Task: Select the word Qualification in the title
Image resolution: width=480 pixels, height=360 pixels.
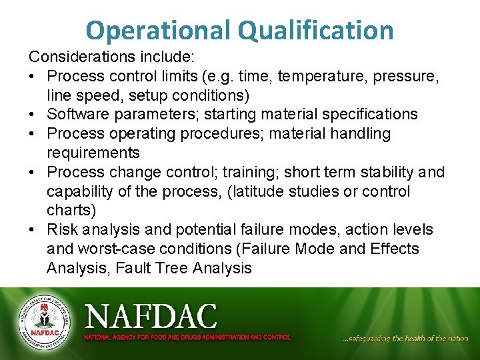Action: click(312, 31)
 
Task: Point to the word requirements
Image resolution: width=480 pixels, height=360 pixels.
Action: click(93, 153)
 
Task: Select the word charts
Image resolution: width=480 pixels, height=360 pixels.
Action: click(69, 211)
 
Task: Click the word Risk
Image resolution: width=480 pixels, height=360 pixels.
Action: click(62, 230)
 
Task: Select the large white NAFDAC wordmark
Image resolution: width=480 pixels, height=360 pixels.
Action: click(151, 315)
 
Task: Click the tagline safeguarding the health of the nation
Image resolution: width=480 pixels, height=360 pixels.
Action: click(405, 339)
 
